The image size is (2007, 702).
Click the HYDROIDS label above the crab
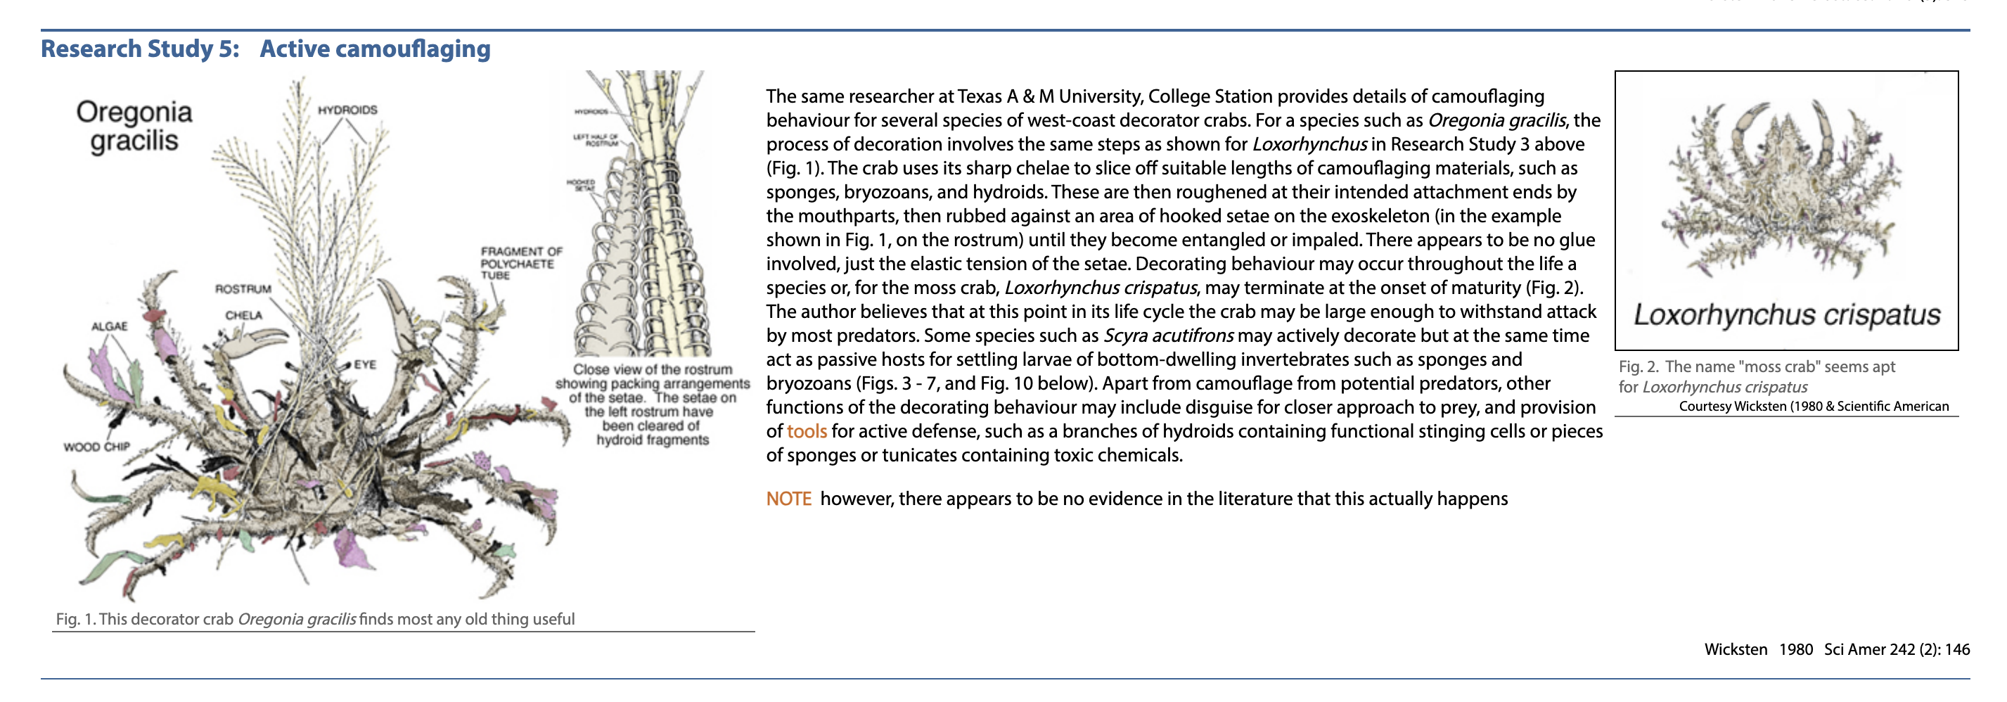347,110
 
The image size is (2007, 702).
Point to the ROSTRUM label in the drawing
243,289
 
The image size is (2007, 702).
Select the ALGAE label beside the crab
109,326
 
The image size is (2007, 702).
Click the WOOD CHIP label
96,447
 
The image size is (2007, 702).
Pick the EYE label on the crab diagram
365,364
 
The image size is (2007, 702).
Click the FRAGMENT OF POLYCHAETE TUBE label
520,263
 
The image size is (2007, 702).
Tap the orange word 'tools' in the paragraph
807,432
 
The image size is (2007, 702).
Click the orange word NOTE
788,499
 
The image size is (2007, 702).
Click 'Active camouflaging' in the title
375,49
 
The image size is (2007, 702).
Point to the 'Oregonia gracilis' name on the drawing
134,126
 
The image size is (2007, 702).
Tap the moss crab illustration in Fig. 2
1784,191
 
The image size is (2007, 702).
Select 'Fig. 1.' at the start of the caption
75,620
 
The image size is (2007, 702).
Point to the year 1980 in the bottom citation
1796,650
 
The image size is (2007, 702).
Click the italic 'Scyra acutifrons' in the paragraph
1168,336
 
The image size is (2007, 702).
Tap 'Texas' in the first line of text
980,96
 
